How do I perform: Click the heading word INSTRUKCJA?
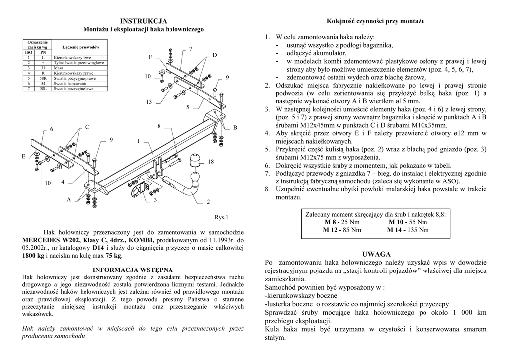click(143, 21)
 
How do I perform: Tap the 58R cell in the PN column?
click(43, 78)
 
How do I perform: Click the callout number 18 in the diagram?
click(211, 162)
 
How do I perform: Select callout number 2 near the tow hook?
click(208, 202)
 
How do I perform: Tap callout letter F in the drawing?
click(150, 58)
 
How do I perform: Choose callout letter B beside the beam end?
click(235, 128)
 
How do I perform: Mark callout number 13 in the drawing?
click(148, 102)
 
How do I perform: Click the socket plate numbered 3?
click(135, 190)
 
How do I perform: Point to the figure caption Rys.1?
click(221, 217)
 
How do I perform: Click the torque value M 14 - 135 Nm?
click(408, 230)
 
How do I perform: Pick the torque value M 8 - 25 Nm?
click(341, 222)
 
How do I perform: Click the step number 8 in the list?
click(267, 189)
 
